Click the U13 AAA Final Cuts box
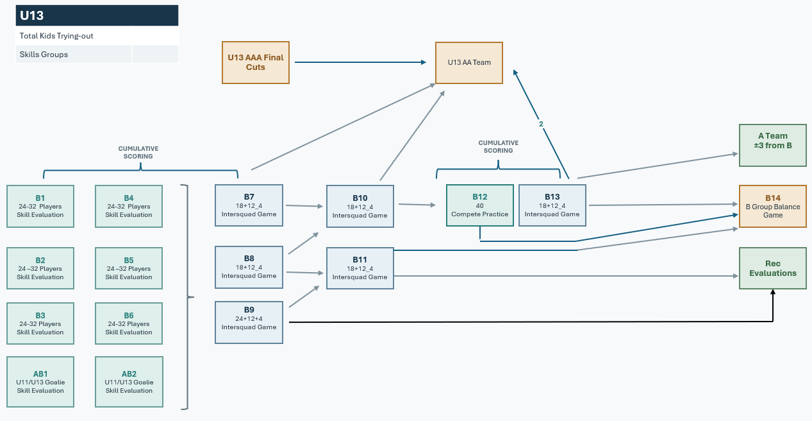[256, 62]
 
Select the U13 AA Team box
[468, 62]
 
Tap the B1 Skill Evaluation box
[40, 206]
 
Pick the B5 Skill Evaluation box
[129, 268]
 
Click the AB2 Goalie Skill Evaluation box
[129, 382]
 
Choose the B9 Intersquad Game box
[249, 322]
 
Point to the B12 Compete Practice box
[479, 205]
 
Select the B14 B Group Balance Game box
[773, 206]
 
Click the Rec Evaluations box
[773, 268]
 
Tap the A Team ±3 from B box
[773, 145]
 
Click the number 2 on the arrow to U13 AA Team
[541, 124]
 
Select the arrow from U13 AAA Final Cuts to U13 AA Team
[360, 62]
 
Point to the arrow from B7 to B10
[304, 206]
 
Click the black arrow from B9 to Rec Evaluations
[531, 322]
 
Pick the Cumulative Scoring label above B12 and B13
[498, 146]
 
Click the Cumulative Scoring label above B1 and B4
[138, 153]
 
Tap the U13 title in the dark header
[32, 15]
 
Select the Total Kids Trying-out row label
[56, 36]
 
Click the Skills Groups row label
[44, 55]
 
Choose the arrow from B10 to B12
[417, 205]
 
